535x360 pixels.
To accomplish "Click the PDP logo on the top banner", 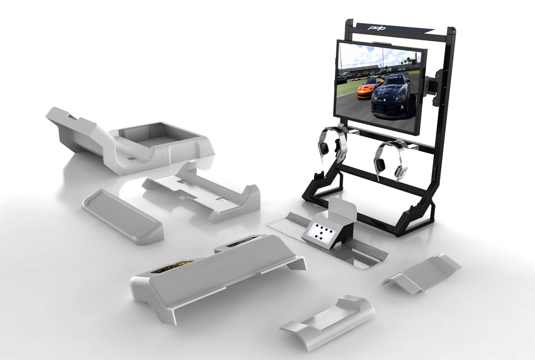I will click(375, 27).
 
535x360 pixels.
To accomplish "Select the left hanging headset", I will click(332, 143).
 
